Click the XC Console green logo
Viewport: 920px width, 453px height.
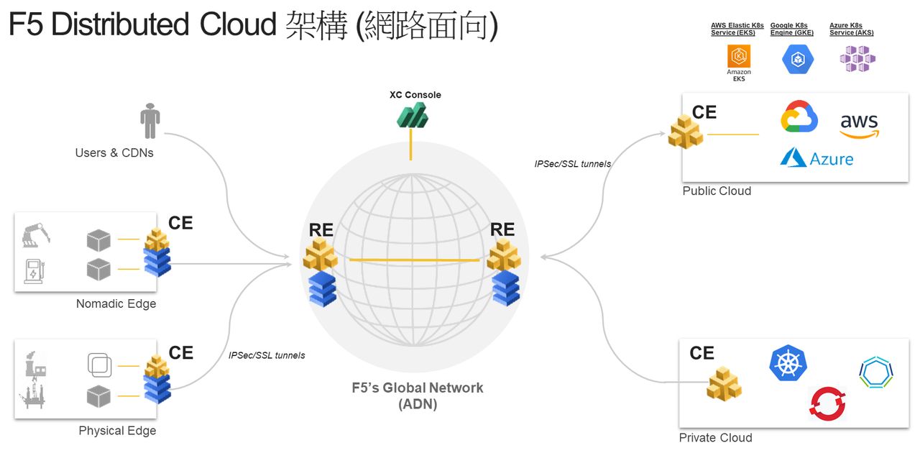click(x=413, y=116)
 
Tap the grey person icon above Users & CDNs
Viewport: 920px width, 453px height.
click(x=149, y=122)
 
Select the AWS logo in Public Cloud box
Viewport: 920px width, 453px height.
click(x=860, y=124)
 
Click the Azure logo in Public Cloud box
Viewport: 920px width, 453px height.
click(x=816, y=158)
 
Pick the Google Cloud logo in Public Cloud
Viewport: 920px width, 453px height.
click(x=799, y=117)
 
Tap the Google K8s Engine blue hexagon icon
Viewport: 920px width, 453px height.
click(x=797, y=59)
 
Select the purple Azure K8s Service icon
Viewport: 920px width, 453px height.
click(x=857, y=59)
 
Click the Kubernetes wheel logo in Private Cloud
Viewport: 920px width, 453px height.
click(x=788, y=363)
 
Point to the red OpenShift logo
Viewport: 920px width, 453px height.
click(x=827, y=403)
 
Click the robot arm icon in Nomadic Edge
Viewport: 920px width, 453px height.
click(x=35, y=236)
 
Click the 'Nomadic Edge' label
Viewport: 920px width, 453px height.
click(x=116, y=304)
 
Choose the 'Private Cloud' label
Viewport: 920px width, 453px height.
click(x=715, y=438)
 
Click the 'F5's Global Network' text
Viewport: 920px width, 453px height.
click(x=417, y=388)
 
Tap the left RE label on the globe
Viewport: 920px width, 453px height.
click(x=321, y=230)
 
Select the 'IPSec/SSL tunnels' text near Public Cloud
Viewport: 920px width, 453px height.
click(x=572, y=164)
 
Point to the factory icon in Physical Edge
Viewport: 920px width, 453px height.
click(x=35, y=363)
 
